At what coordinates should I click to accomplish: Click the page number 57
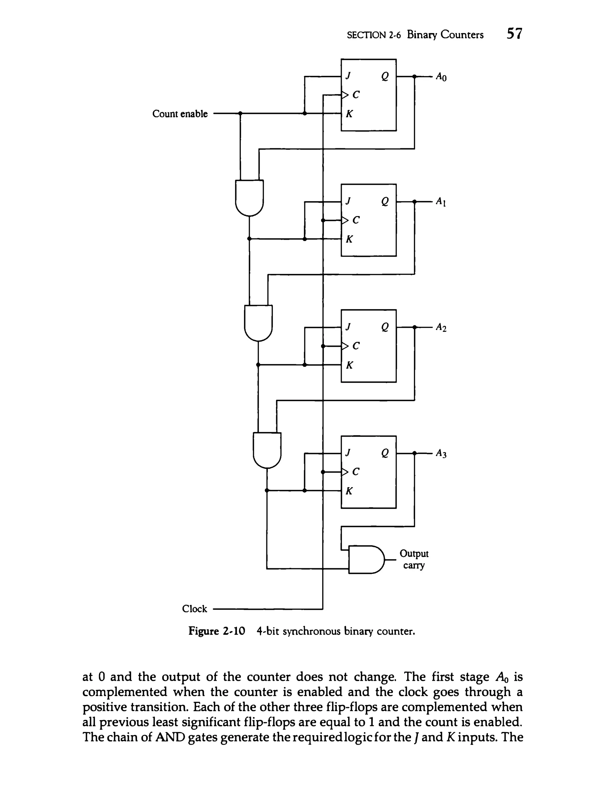click(x=514, y=34)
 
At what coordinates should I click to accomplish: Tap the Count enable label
click(x=180, y=114)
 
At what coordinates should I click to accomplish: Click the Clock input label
click(x=194, y=609)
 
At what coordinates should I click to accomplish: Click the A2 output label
click(x=441, y=328)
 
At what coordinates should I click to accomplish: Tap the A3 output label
click(x=441, y=454)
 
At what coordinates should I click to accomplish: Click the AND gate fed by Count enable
click(x=249, y=197)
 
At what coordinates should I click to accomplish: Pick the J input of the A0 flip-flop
click(x=348, y=76)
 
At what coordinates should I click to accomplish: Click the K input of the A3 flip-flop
click(x=349, y=491)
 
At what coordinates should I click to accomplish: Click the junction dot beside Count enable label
click(x=240, y=114)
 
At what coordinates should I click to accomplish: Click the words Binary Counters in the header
click(x=445, y=35)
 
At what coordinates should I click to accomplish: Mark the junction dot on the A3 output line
click(x=414, y=453)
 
